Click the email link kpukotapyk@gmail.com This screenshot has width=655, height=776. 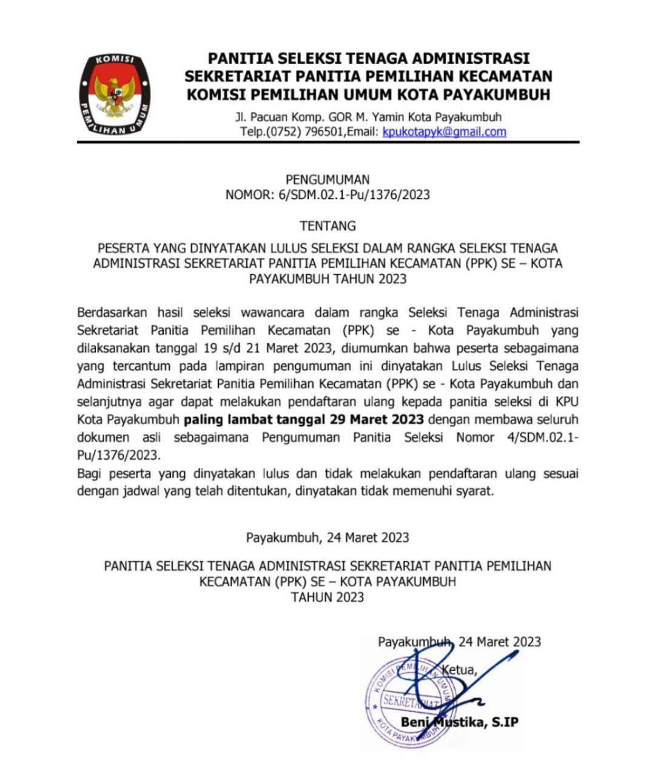pos(444,132)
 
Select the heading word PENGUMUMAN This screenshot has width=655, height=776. pos(327,180)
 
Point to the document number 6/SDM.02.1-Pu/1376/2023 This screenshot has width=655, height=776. pos(354,195)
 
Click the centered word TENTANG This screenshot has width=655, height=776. pos(327,226)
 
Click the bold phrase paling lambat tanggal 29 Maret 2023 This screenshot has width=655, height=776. pos(304,420)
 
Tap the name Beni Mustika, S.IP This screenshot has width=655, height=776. pos(459,722)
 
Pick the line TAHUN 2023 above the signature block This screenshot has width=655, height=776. pos(327,598)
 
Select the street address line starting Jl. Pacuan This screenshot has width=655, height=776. pos(368,117)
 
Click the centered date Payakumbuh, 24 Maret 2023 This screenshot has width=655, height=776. pos(327,538)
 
